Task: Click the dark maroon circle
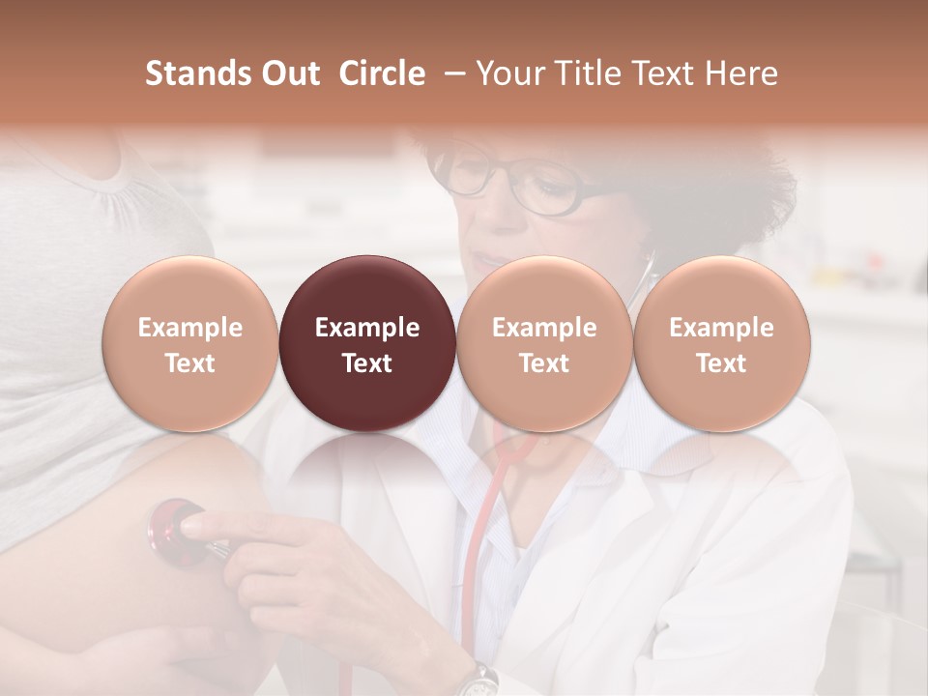[367, 343]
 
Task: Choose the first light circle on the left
[190, 343]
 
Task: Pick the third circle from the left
[544, 343]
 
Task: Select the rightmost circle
[721, 343]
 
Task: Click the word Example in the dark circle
[367, 328]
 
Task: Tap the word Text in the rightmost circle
[721, 363]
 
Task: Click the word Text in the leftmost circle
[190, 363]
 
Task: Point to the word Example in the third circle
[544, 328]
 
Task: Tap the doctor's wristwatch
[476, 681]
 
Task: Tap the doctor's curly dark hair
[744, 193]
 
